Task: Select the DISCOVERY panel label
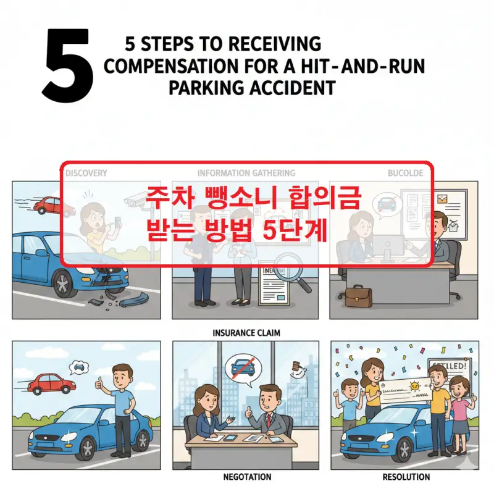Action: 86,173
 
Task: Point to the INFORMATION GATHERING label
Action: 246,173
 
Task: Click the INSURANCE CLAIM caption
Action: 246,333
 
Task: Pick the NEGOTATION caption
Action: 246,477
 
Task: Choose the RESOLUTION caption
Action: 406,477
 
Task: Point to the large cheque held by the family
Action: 402,390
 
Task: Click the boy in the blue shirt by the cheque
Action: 350,404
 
